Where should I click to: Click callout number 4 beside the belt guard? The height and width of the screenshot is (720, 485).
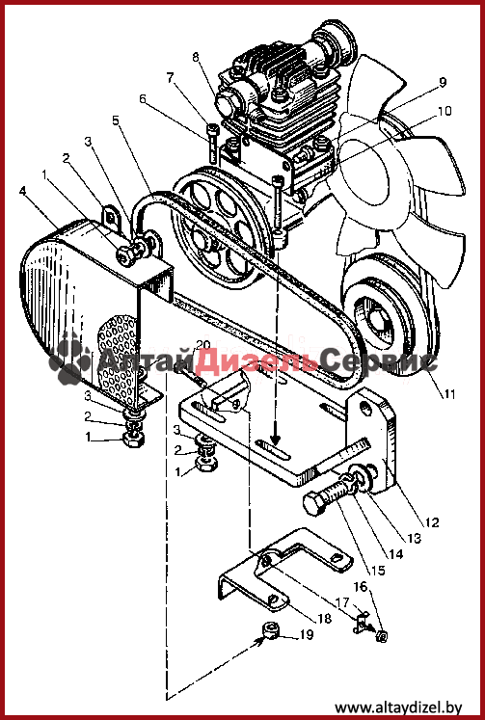tap(23, 190)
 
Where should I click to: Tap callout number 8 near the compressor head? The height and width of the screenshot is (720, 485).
tap(196, 58)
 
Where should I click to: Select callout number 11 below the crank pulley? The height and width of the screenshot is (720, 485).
tap(448, 393)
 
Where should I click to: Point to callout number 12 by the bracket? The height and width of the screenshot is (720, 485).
tap(432, 522)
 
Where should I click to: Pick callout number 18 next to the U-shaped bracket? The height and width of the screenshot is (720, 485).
tap(324, 619)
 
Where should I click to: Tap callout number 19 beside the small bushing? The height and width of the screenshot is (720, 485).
tap(307, 635)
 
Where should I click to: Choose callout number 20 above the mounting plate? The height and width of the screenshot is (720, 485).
tap(203, 345)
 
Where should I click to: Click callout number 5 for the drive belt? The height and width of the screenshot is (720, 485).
tap(116, 120)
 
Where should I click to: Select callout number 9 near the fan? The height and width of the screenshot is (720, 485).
tap(443, 83)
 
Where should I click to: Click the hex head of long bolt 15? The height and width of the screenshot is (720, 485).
tap(313, 504)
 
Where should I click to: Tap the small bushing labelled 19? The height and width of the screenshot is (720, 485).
tap(272, 631)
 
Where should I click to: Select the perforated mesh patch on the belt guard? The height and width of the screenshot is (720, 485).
tap(118, 356)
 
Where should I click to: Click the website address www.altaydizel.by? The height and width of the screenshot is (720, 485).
tap(398, 707)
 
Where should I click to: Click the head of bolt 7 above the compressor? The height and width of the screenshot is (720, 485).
tap(213, 128)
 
